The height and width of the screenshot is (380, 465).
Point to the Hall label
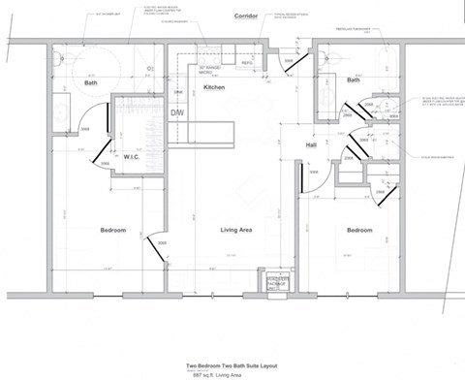coord(311,145)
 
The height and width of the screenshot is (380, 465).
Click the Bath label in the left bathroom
coord(91,83)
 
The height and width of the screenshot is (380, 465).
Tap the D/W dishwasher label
coord(177,113)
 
